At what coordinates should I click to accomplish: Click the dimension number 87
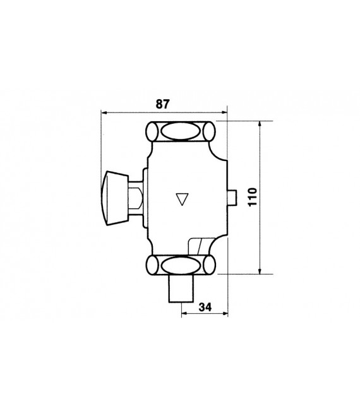point(164,102)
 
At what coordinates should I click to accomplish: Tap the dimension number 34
point(205,309)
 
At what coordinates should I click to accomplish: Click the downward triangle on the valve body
point(184,199)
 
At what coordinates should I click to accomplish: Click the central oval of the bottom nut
point(181,265)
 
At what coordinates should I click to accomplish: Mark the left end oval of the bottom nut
point(152,265)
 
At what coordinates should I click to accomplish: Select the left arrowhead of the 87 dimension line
point(105,112)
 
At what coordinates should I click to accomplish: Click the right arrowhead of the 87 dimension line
point(225,112)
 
